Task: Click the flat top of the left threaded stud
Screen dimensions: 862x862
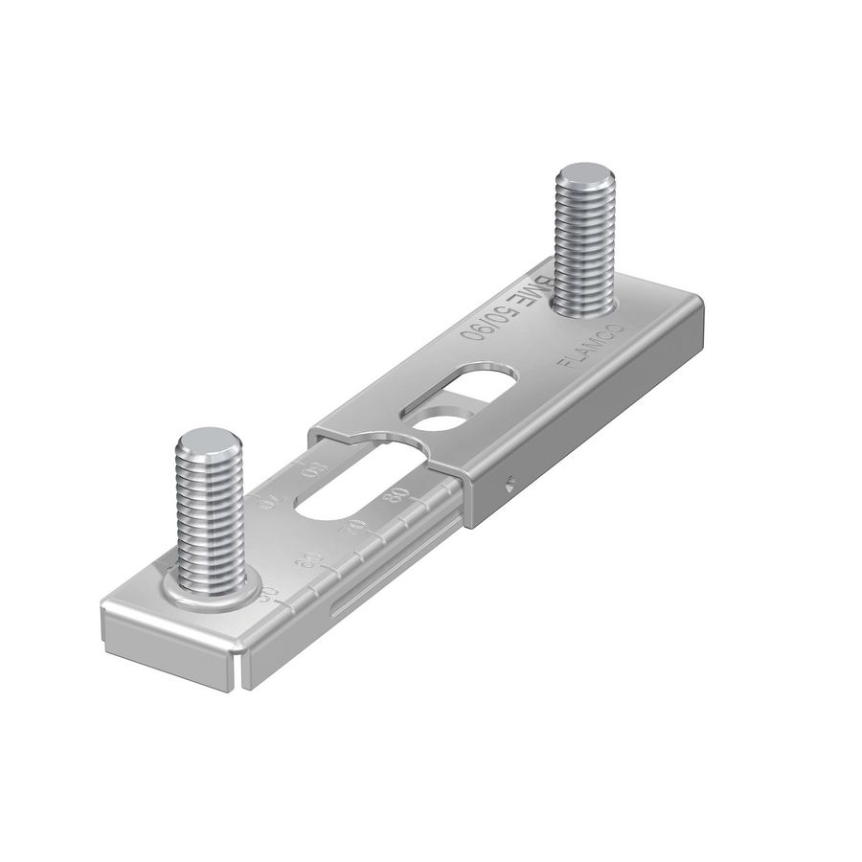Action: [210, 442]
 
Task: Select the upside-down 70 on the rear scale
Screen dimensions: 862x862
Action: [268, 499]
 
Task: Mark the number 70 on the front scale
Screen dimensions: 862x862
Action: [354, 526]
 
